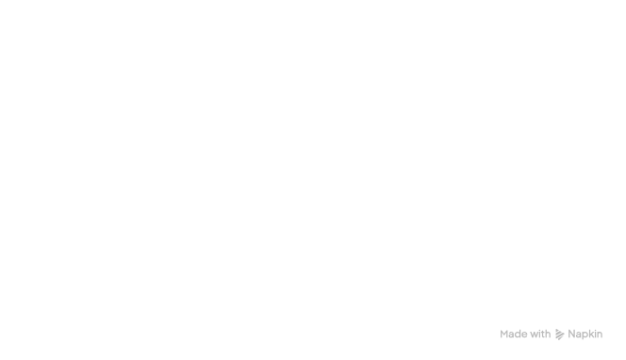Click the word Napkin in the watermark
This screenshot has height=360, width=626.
pos(585,333)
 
